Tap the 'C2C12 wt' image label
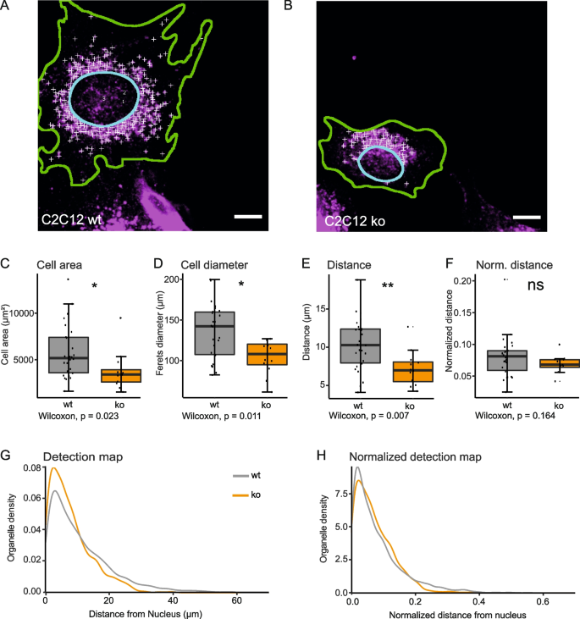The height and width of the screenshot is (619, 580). [74, 219]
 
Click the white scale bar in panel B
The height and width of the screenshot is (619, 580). [526, 218]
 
